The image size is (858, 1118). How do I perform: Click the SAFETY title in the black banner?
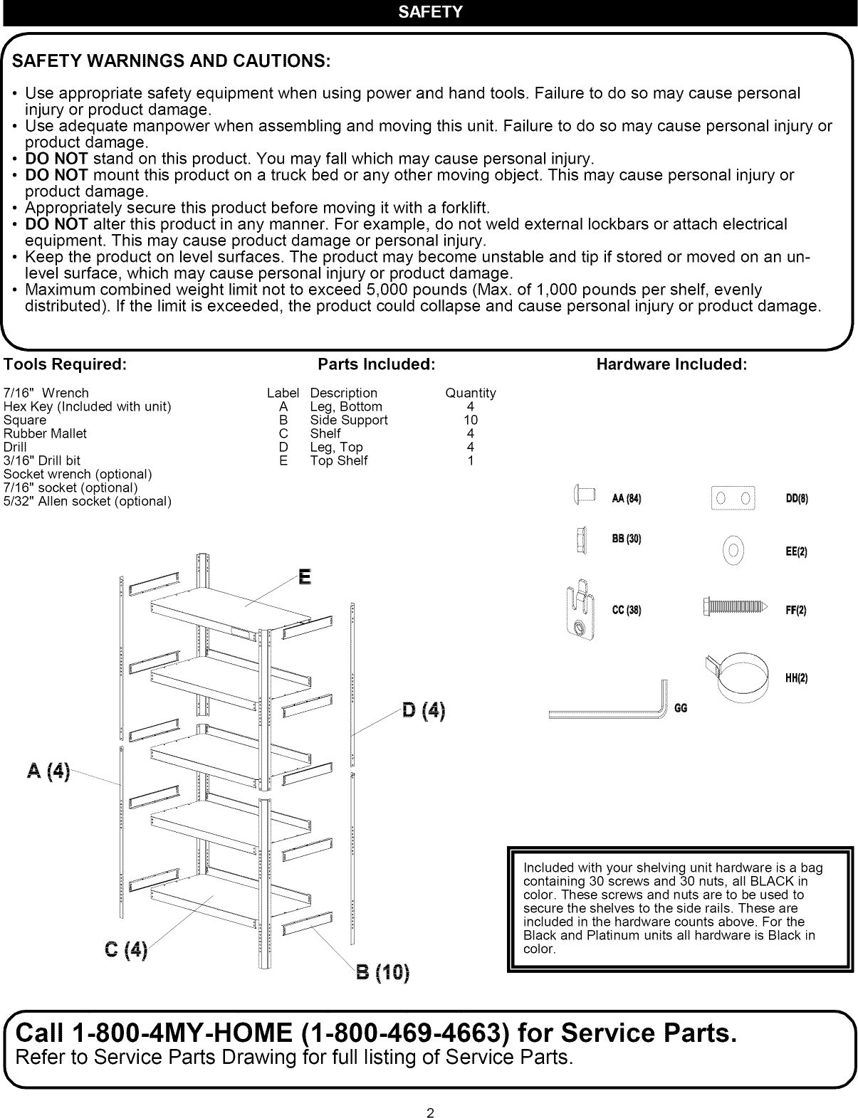430,12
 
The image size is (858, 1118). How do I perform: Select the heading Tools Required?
66,364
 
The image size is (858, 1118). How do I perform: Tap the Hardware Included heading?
671,364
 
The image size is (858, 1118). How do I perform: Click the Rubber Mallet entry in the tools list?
45,433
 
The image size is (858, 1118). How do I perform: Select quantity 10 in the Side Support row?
471,420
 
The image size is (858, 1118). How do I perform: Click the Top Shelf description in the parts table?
339,460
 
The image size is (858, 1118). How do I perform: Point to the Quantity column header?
471,393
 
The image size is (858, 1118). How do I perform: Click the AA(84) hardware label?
627,498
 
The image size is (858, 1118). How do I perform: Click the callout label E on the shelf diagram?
305,576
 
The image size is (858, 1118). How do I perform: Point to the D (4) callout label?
423,710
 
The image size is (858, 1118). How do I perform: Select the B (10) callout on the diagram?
382,972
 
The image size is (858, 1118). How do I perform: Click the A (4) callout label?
48,771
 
